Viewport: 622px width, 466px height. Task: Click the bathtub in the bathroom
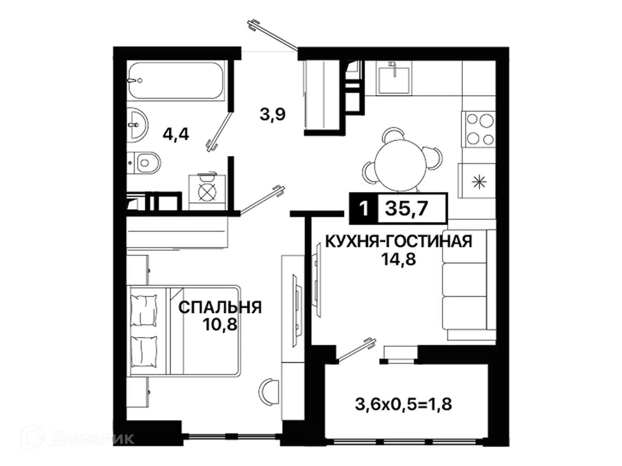[175, 80]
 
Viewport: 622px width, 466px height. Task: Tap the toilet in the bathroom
[144, 163]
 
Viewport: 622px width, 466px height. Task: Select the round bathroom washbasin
[137, 125]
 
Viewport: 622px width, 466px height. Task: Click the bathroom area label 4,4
[176, 134]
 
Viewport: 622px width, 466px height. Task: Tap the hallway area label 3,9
[272, 114]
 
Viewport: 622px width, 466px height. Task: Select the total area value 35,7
[406, 209]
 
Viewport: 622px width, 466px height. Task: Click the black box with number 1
[364, 209]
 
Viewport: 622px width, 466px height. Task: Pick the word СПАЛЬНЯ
[220, 307]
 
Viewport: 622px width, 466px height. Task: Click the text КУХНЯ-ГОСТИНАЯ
[398, 242]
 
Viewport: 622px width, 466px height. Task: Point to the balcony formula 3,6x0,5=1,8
[403, 404]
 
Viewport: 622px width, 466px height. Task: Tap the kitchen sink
[394, 78]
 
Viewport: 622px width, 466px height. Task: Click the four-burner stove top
[478, 129]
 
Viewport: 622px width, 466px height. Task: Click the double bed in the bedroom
[184, 331]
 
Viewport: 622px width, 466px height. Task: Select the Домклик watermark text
[92, 439]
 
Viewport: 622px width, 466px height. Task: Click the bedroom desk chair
[268, 393]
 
